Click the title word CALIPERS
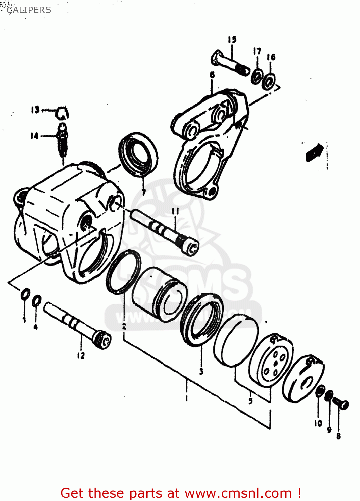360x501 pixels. pyautogui.click(x=29, y=10)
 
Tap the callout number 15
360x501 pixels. pyautogui.click(x=232, y=39)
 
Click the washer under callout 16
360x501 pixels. pyautogui.click(x=268, y=81)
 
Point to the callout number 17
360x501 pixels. pyautogui.click(x=257, y=51)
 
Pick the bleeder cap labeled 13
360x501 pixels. pyautogui.click(x=62, y=113)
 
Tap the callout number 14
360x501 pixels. pyautogui.click(x=34, y=136)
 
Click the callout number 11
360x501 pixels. pyautogui.click(x=175, y=211)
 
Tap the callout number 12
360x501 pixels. pyautogui.click(x=81, y=356)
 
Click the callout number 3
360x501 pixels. pyautogui.click(x=201, y=371)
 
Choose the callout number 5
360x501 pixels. pyautogui.click(x=250, y=401)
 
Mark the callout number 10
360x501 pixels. pyautogui.click(x=318, y=423)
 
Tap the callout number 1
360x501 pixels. pyautogui.click(x=187, y=398)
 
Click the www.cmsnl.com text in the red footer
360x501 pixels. pyautogui.click(x=238, y=493)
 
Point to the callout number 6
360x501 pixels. pyautogui.click(x=212, y=75)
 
